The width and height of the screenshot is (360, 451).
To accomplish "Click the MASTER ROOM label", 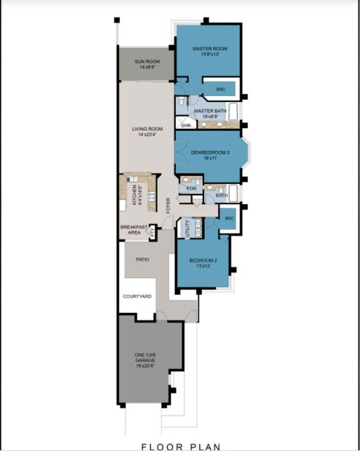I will [209, 49].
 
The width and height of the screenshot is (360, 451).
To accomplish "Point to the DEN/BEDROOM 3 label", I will [209, 152].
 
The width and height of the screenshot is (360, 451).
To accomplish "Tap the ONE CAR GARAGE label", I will [145, 358].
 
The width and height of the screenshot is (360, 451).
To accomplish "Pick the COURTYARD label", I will [137, 296].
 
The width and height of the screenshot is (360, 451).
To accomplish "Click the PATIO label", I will [143, 260].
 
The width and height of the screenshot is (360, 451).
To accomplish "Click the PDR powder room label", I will [191, 189].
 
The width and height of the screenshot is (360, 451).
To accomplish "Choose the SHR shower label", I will [186, 126].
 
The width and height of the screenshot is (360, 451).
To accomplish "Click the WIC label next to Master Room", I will [220, 89].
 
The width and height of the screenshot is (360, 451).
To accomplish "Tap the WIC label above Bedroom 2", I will [229, 218].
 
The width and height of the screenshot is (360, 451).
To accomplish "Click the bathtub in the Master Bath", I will [234, 112].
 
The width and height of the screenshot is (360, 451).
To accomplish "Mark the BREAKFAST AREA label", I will [134, 229].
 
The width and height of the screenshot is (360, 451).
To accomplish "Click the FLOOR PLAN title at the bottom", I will [180, 446].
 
